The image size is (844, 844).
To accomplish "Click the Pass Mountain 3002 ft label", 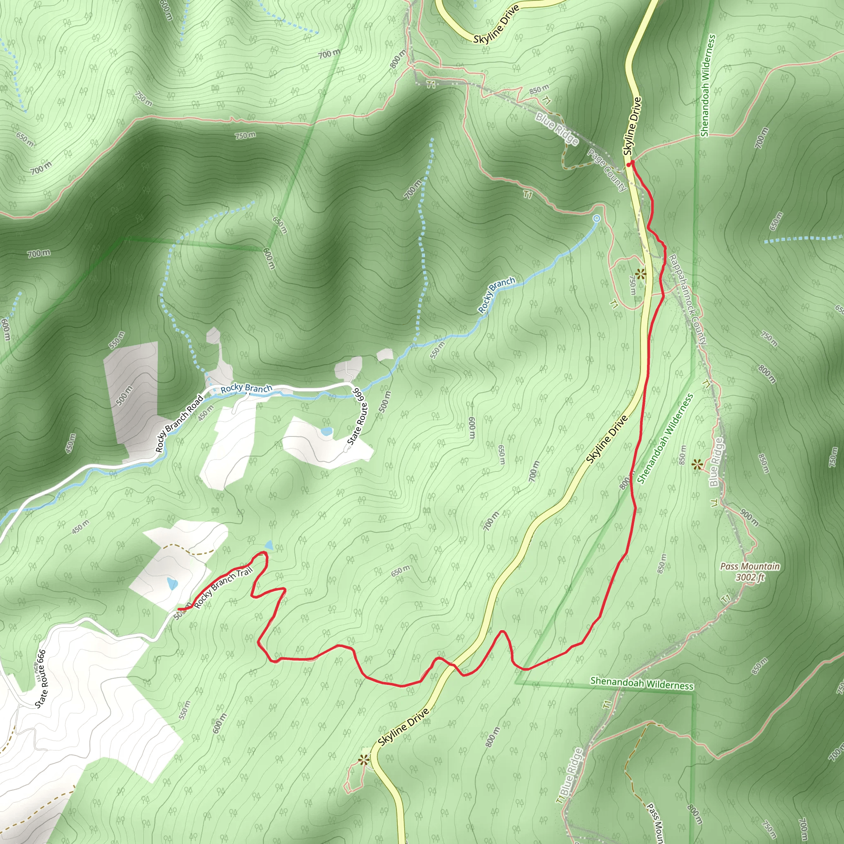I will tap(750, 572).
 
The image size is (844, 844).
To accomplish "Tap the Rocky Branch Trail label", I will tap(223, 587).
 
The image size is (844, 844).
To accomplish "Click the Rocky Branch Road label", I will tap(180, 423).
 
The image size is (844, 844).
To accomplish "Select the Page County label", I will tap(607, 170).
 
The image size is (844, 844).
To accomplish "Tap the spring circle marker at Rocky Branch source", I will tap(597, 218).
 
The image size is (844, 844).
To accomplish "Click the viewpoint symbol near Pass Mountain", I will tap(697, 464).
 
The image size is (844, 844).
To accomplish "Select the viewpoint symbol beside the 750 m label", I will tap(640, 274).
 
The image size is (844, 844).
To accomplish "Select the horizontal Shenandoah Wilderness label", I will tap(641, 683).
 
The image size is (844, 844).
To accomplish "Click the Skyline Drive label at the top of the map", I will tap(496, 24).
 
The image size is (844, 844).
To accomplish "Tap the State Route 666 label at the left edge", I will tap(41, 678).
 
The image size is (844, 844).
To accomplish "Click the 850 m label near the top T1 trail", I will tap(539, 90).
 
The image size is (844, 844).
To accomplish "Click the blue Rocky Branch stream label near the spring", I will tap(496, 295).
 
